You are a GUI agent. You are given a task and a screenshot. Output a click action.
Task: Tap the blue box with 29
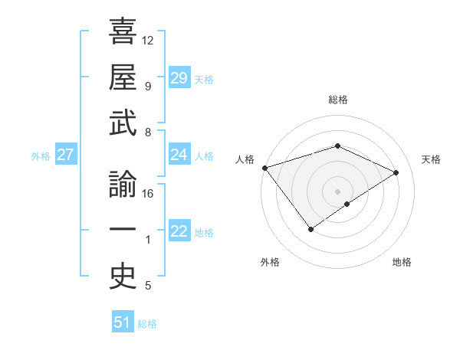179,78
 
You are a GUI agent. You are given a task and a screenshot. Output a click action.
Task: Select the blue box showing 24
179,155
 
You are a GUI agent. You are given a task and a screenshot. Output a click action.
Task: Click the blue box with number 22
179,231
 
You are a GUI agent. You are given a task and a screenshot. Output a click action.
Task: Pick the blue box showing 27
66,155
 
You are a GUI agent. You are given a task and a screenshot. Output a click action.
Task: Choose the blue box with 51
123,322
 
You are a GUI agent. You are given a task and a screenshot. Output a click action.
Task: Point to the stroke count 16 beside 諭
148,194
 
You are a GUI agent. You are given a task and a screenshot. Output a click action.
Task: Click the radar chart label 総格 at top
337,100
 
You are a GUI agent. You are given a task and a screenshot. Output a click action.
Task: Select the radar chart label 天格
432,159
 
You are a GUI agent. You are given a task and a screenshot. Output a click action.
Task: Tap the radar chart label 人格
245,159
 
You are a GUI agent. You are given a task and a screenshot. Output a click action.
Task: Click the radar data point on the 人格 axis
264,167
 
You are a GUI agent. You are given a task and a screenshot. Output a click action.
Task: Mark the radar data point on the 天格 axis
396,172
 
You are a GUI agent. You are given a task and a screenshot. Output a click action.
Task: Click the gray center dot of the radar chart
337,191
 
